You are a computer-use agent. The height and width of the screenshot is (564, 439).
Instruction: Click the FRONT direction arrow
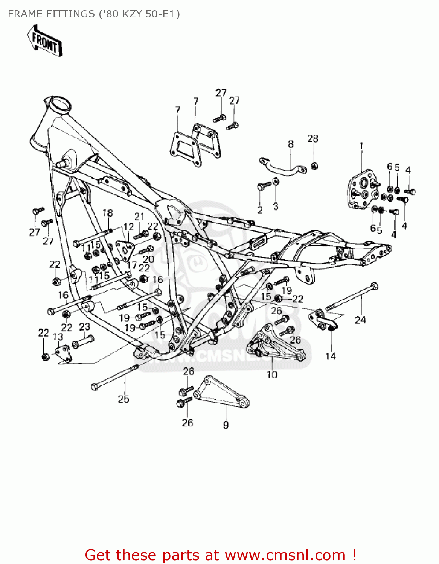click(45, 41)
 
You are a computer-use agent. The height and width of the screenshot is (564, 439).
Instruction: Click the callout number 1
click(361, 146)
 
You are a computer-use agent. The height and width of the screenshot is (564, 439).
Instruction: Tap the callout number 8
click(291, 144)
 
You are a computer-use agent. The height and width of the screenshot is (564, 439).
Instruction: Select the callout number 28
click(312, 139)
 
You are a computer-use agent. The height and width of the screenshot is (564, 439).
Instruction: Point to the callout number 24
click(360, 320)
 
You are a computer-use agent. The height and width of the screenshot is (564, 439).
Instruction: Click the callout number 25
click(123, 399)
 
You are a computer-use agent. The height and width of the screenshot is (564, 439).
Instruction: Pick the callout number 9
click(226, 425)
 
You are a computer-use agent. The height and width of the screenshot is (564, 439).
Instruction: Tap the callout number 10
click(272, 374)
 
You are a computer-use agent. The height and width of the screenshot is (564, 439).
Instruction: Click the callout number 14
click(330, 356)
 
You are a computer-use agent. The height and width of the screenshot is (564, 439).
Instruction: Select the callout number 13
click(58, 337)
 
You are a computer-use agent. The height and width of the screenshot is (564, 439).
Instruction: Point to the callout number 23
click(84, 327)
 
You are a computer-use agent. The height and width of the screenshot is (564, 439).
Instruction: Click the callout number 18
click(108, 213)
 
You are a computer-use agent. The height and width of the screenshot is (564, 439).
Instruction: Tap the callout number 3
click(276, 206)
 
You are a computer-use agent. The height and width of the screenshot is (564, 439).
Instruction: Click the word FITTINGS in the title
click(70, 14)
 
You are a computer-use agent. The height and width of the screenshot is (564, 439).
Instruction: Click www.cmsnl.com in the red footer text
click(285, 555)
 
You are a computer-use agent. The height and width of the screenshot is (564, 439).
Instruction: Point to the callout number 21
click(139, 217)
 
